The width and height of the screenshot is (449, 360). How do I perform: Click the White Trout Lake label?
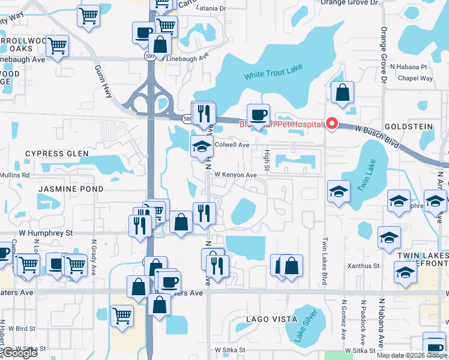click(x=273, y=74)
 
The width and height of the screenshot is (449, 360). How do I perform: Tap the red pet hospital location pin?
click(x=332, y=124)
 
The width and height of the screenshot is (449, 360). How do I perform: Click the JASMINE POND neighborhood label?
click(x=71, y=188)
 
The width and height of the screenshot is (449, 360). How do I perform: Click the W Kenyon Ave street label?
click(x=236, y=175)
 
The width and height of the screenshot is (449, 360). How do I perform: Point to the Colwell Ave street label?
click(x=232, y=145)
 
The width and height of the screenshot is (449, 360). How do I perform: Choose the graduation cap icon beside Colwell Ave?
click(x=202, y=146)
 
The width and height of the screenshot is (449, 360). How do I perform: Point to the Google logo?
click(x=20, y=353)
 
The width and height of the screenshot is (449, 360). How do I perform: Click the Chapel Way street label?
click(x=415, y=79)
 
